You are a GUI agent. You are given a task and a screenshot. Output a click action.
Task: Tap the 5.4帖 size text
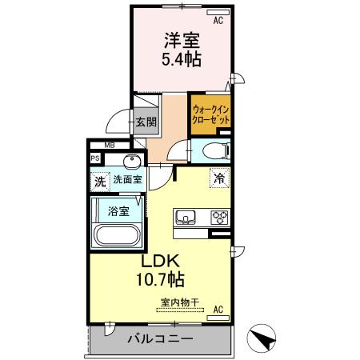pyautogui.click(x=182, y=59)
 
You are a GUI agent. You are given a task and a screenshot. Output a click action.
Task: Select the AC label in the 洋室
pyautogui.click(x=217, y=15)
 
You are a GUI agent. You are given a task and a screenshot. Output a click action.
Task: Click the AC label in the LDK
pyautogui.click(x=218, y=309)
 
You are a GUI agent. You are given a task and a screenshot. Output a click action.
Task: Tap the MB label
pyautogui.click(x=108, y=146)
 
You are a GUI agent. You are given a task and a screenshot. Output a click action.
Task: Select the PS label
pyautogui.click(x=95, y=158)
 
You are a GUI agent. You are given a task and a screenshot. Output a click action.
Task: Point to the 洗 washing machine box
pyautogui.click(x=100, y=181)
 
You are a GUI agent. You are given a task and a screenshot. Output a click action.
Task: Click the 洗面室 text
pyautogui.click(x=126, y=181)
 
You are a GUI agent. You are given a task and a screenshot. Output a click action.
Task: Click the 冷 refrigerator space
pyautogui.click(x=218, y=179)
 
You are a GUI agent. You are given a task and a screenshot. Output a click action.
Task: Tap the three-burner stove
pyautogui.click(x=218, y=217)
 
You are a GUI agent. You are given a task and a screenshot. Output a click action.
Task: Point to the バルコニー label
pyautogui.click(x=160, y=339)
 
